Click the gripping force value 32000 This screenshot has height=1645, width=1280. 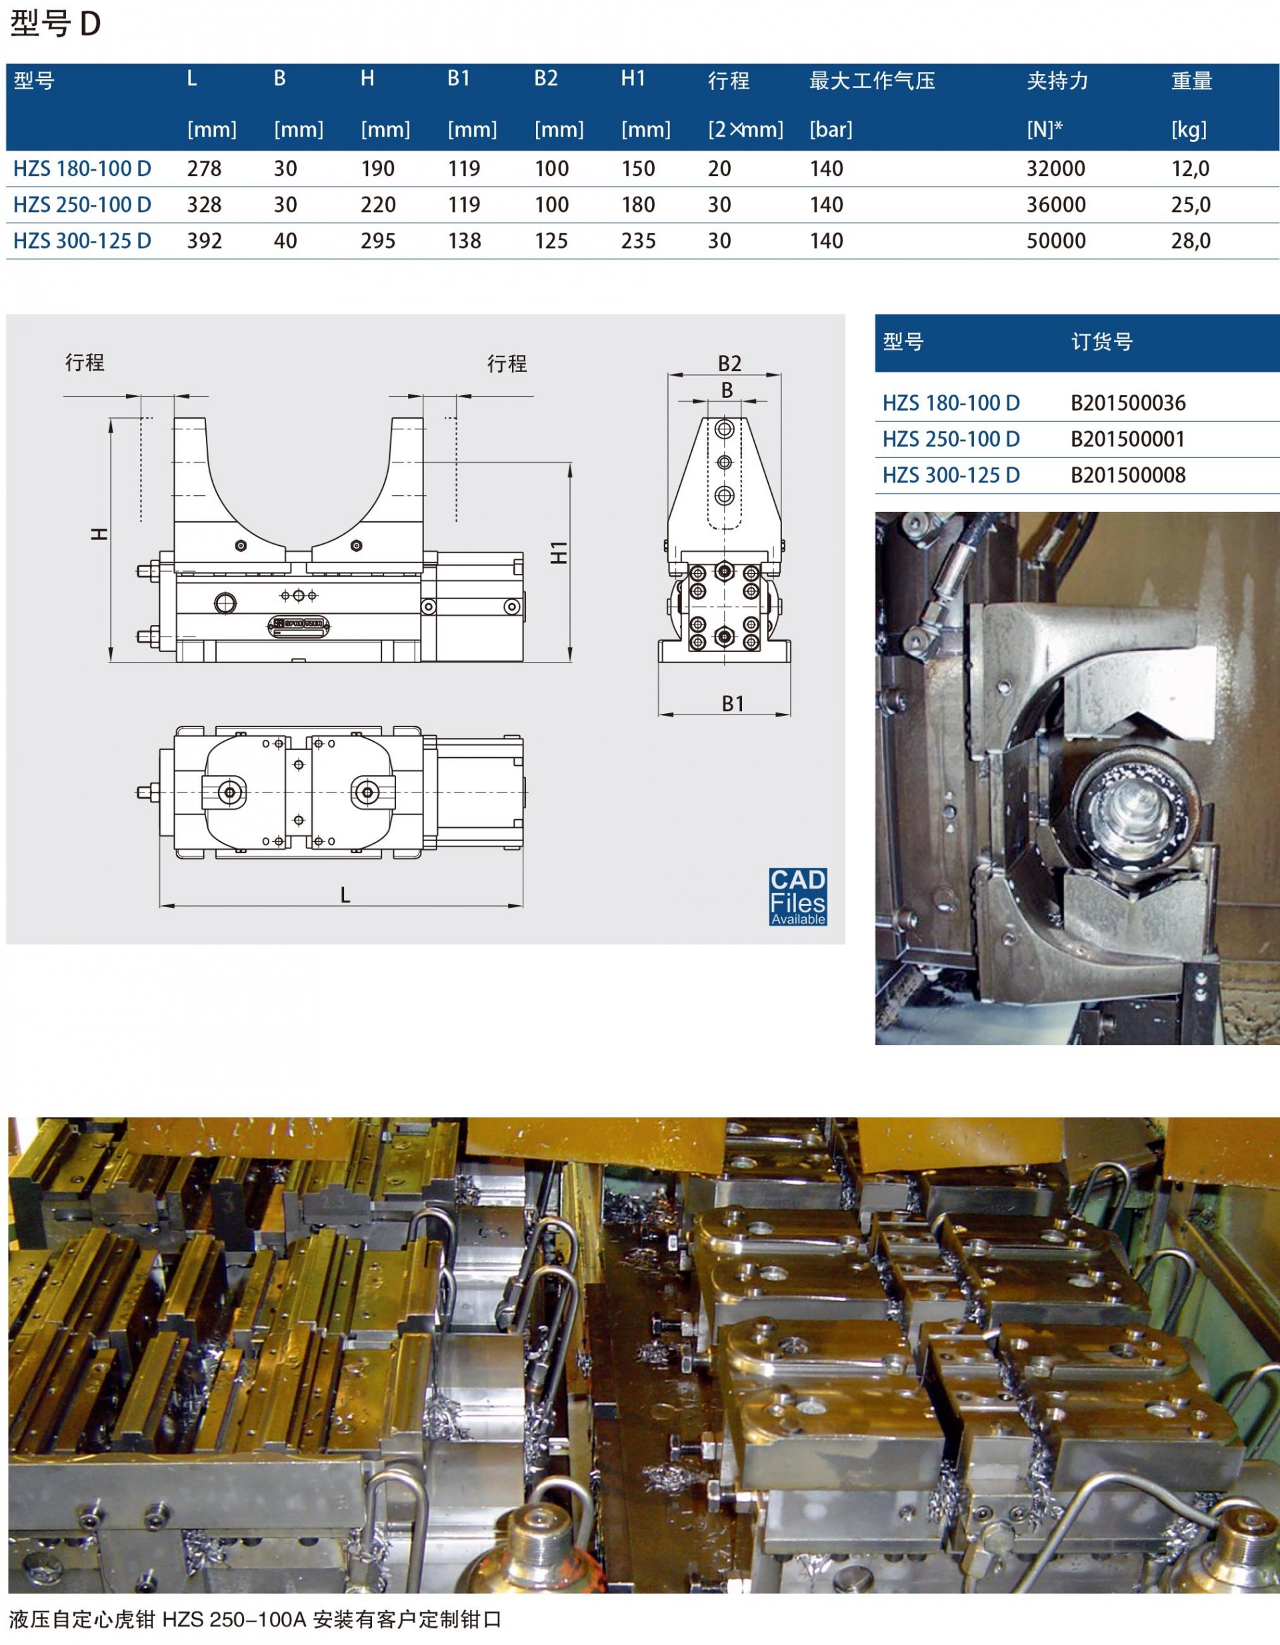pyautogui.click(x=1055, y=169)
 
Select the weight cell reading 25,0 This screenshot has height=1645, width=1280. pyautogui.click(x=1191, y=205)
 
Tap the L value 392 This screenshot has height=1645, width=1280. pyautogui.click(x=204, y=241)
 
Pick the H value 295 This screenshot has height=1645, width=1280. pyautogui.click(x=377, y=241)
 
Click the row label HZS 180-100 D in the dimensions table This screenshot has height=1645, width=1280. pyautogui.click(x=82, y=169)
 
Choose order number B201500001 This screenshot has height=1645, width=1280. pyautogui.click(x=1128, y=439)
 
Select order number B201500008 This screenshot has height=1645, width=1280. pyautogui.click(x=1128, y=475)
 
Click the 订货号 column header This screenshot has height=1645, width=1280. pyautogui.click(x=1101, y=342)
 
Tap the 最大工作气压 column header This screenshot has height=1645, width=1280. pyautogui.click(x=871, y=81)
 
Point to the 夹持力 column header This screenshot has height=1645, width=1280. pyautogui.click(x=1057, y=81)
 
